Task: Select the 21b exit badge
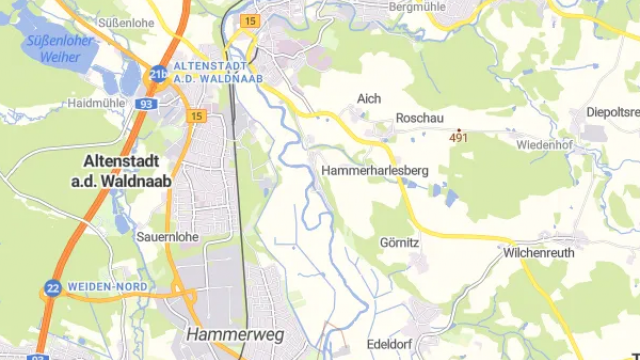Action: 158,73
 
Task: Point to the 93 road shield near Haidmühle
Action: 146,103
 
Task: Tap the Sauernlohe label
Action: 167,237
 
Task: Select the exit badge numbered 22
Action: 51,288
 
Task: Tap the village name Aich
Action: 369,98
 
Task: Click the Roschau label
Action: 419,117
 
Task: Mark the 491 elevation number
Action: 459,138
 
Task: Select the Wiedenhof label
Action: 543,145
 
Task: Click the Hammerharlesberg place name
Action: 375,171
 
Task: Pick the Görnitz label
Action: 399,243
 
